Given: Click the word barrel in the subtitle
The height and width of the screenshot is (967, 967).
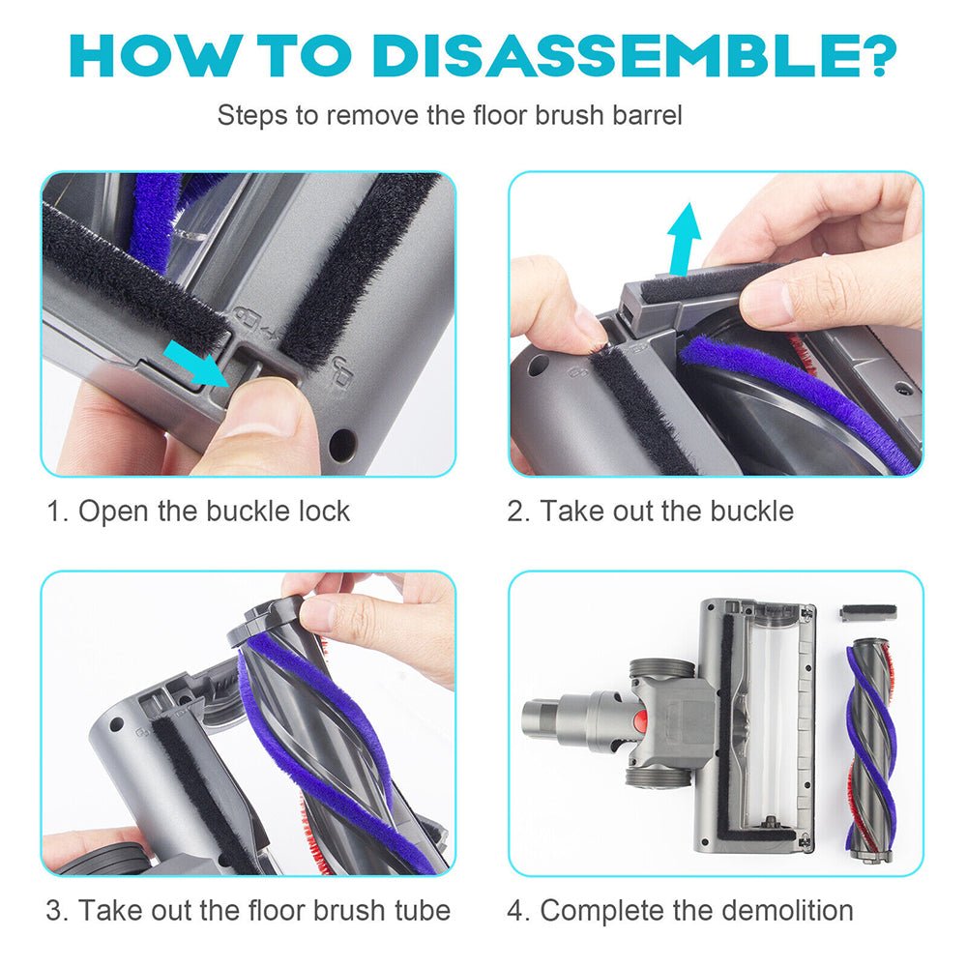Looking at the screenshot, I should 646,116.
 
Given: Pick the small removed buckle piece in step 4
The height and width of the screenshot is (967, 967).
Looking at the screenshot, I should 868,612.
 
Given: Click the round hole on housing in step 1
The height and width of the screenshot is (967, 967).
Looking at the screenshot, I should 340,445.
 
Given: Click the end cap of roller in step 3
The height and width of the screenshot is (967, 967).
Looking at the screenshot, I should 263,619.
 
